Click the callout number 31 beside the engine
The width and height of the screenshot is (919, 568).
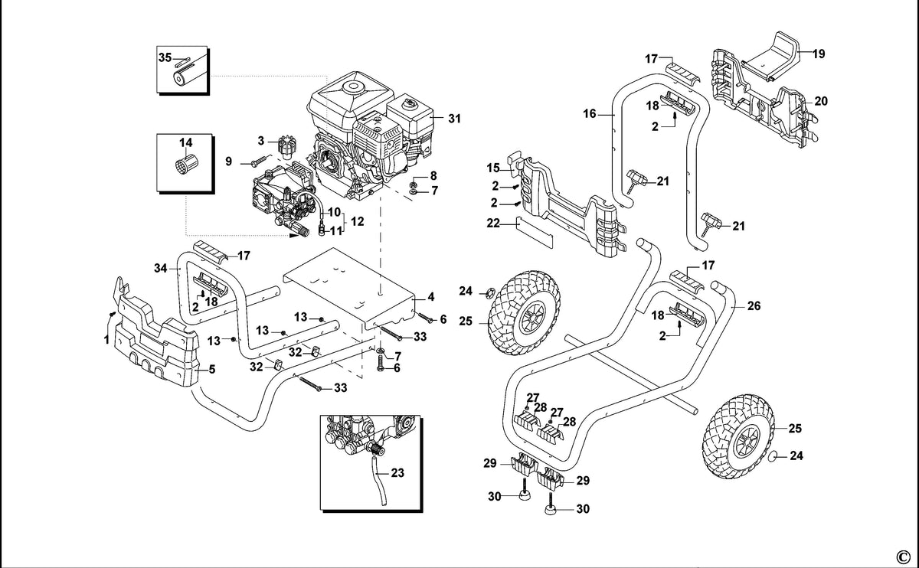(454, 119)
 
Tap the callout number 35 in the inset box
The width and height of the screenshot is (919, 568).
(165, 57)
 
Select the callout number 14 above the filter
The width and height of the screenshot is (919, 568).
(185, 142)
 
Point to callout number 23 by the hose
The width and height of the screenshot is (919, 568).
(397, 473)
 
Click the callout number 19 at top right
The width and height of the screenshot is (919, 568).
(819, 54)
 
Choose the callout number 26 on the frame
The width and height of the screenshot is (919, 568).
(754, 306)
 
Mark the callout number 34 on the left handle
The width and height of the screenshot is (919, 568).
(160, 268)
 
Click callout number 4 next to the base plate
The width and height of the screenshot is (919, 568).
(430, 297)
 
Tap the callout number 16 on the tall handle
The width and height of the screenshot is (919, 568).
(590, 113)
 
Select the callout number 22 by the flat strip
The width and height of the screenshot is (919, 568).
(493, 223)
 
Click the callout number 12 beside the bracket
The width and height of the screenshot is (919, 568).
(358, 221)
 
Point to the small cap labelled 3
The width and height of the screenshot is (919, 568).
(287, 148)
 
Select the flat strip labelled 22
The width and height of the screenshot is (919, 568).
(535, 232)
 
